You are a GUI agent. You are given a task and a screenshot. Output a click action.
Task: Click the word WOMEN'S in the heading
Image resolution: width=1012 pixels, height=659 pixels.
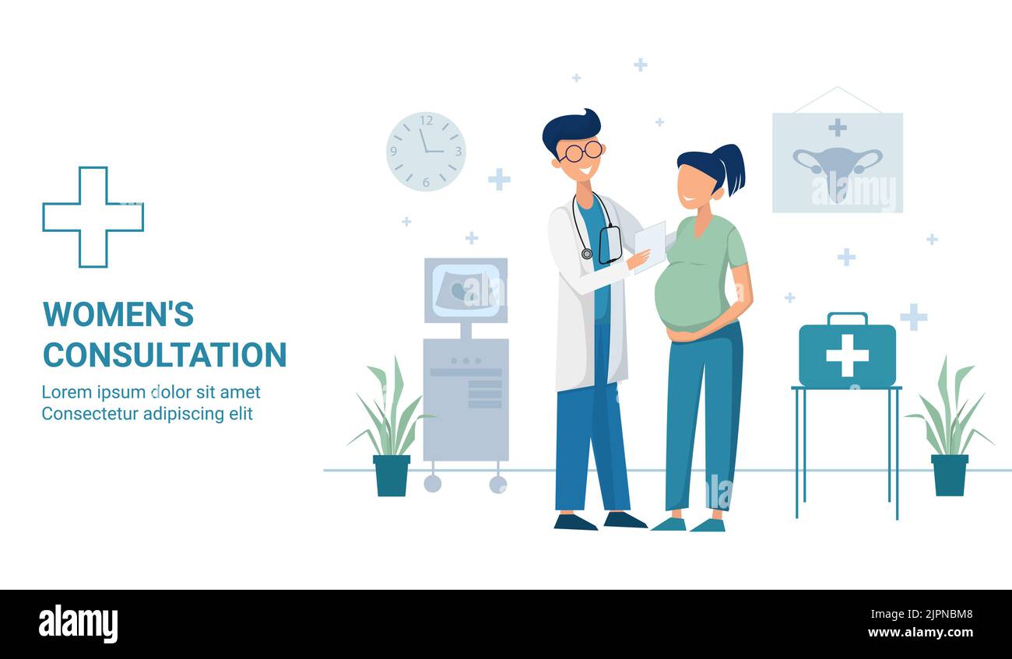[118, 314]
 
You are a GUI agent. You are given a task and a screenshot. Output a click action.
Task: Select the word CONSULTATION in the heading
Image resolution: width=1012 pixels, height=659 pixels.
[165, 355]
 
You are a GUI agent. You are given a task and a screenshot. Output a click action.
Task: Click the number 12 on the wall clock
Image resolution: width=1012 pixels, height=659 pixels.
[427, 121]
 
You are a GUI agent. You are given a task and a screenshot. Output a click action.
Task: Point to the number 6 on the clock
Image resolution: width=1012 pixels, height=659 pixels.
[426, 183]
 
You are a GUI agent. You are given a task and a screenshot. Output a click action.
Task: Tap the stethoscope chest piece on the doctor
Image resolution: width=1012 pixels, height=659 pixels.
[586, 254]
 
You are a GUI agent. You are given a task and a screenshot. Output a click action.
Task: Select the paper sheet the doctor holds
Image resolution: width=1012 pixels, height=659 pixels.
[650, 247]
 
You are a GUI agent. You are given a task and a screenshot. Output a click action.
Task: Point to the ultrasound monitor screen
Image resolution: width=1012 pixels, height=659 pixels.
[466, 290]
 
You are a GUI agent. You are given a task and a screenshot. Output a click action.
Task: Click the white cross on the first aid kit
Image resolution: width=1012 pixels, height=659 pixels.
[847, 356]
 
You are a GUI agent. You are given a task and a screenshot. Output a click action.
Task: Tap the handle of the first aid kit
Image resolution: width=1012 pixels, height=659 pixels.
[848, 318]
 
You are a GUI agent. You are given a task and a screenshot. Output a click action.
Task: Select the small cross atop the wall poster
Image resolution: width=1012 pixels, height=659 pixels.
[838, 128]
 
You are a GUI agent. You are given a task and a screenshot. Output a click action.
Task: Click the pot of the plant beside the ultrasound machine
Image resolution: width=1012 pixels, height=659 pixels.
[392, 475]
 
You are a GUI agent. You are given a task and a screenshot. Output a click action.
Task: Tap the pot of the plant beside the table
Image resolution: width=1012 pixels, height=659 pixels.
[950, 475]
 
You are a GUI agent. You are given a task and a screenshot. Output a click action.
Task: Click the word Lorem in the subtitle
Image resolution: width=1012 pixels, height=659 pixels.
[67, 392]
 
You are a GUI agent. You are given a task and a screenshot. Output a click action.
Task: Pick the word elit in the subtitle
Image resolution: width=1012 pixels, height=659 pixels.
[241, 414]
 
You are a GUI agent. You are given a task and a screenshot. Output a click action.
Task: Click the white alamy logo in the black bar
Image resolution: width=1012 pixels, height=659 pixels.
[78, 625]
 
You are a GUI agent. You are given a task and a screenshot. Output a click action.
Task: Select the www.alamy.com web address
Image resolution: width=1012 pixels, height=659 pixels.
[920, 633]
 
